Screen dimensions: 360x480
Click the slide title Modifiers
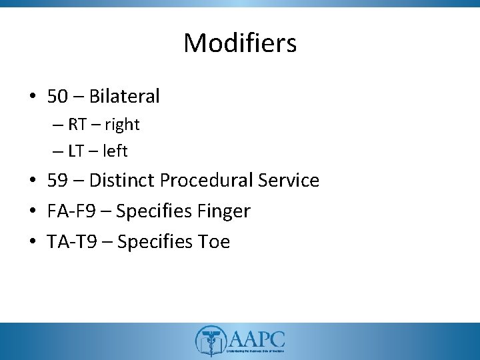pyautogui.click(x=240, y=43)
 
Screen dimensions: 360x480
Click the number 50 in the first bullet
pyautogui.click(x=58, y=97)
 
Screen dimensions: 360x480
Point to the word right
pyautogui.click(x=121, y=125)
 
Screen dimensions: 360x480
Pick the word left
pyautogui.click(x=115, y=151)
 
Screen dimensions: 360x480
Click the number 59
pyautogui.click(x=58, y=181)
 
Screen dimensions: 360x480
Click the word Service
pyautogui.click(x=289, y=181)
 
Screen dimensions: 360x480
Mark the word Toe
pyautogui.click(x=213, y=241)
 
